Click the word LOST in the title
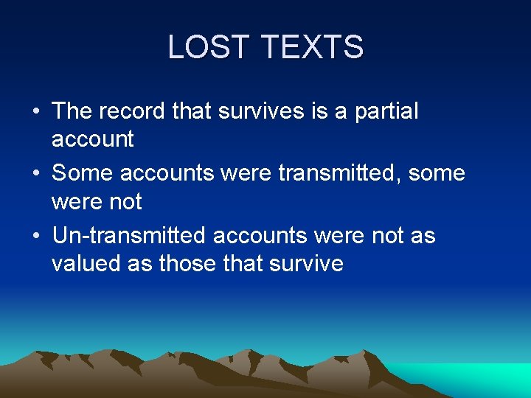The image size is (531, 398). [208, 47]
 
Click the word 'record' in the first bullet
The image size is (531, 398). [131, 111]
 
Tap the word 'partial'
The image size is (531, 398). [386, 111]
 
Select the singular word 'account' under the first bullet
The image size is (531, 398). [93, 139]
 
